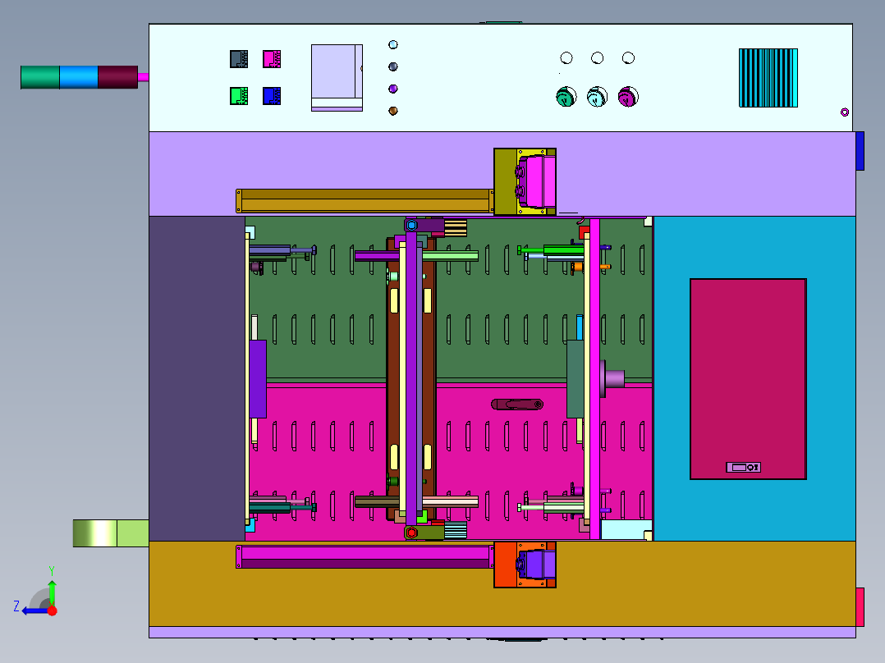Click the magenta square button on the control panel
[272, 59]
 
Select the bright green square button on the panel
[239, 95]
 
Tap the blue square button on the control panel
[272, 95]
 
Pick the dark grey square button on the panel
[239, 59]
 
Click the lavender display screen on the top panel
[337, 77]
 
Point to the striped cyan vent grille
[768, 78]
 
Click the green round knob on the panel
[566, 97]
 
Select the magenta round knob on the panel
[628, 97]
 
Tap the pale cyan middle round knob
[597, 97]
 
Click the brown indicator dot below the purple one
[392, 111]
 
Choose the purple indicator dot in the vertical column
[392, 89]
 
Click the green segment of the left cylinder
[39, 77]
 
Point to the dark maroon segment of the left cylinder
[117, 77]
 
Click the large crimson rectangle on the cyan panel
[748, 378]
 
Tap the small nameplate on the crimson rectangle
[743, 467]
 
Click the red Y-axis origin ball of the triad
[53, 610]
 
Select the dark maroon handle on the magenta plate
[517, 404]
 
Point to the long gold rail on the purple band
[365, 201]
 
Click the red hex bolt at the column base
[411, 532]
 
